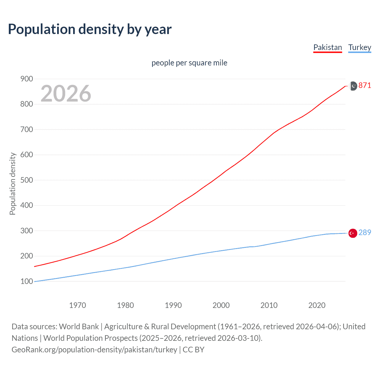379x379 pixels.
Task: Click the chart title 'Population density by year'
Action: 90,29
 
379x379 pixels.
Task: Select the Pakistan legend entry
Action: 327,47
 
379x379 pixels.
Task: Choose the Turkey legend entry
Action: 359,47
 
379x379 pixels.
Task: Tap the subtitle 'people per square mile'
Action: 189,63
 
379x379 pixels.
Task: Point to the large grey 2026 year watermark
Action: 66,94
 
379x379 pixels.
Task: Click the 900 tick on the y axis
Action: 27,79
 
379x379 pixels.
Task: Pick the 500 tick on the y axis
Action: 27,180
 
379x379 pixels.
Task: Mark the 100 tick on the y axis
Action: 27,281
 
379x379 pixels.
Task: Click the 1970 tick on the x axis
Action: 78,305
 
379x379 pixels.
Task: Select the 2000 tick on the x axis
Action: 221,305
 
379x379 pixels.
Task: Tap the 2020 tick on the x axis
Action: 317,305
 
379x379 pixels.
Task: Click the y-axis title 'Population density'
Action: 12,184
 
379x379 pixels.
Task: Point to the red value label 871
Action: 364,85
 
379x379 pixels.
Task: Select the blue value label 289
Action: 364,232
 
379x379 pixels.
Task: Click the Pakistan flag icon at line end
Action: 353,86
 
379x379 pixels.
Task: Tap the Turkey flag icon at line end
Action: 353,233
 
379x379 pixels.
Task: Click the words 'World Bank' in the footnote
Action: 79,326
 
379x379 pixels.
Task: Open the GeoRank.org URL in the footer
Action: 94,349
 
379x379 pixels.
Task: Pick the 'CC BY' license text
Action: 193,349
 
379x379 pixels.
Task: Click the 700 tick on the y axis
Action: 27,129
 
